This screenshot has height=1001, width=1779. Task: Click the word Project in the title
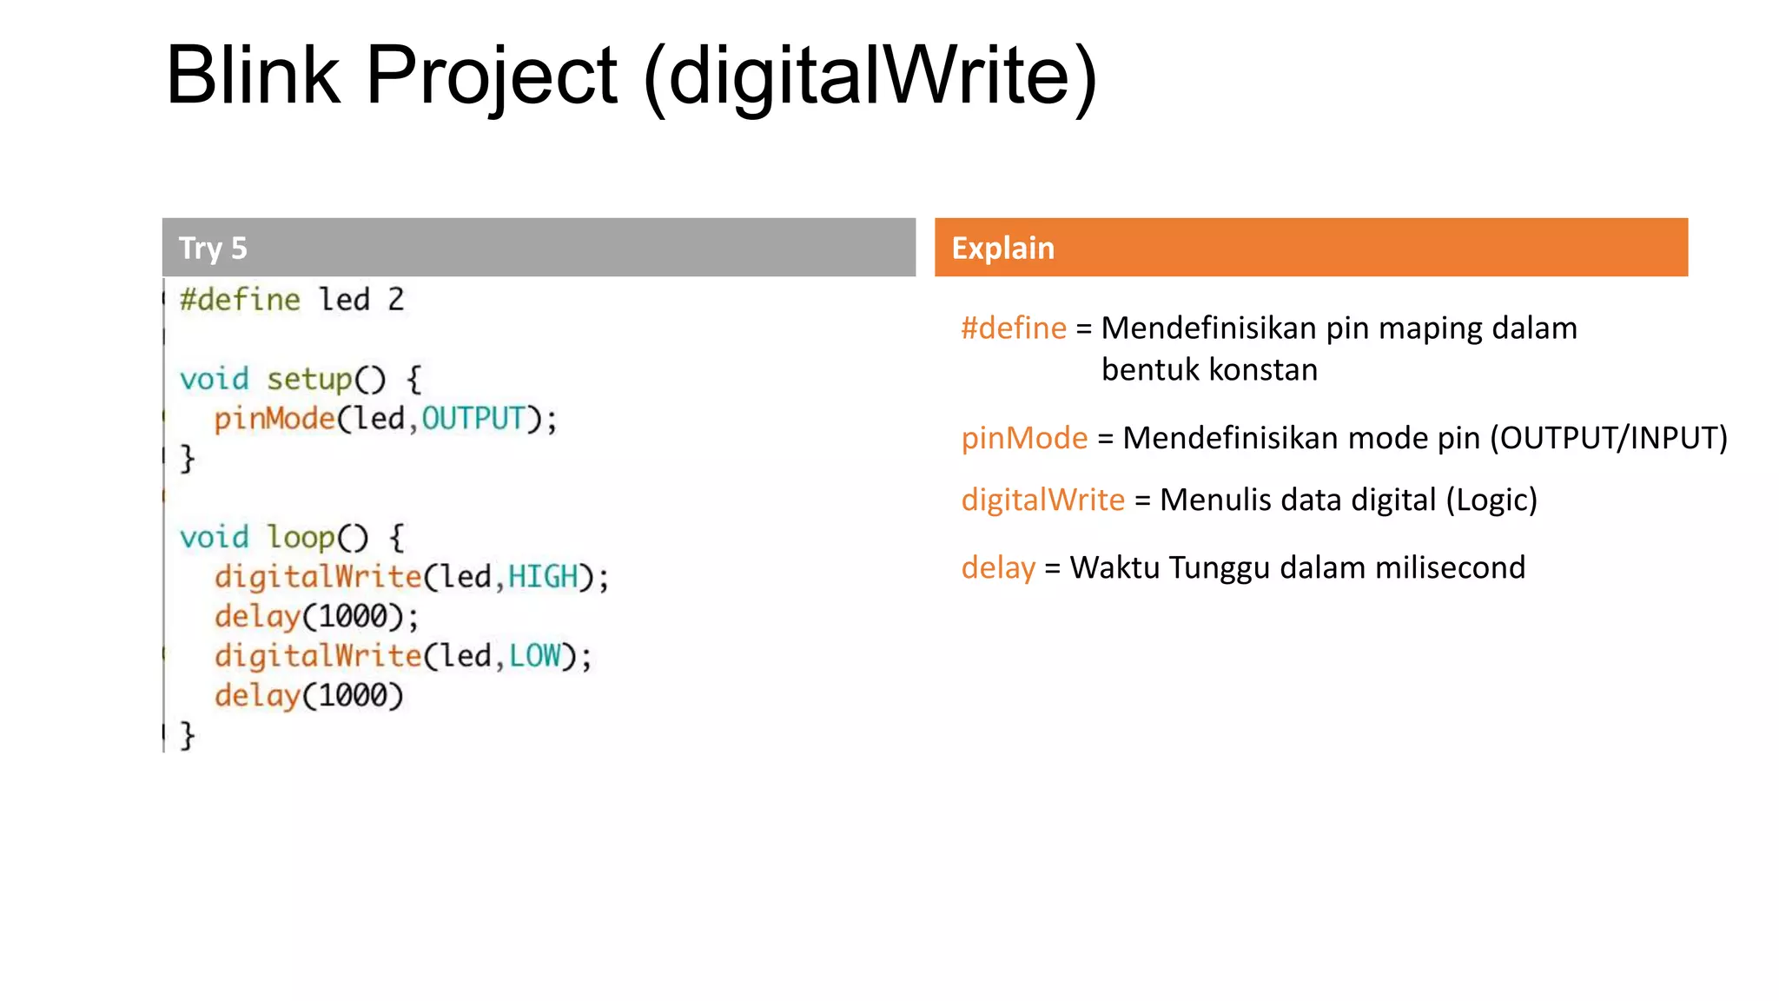[x=492, y=76]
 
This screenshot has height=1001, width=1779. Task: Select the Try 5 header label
[x=213, y=249]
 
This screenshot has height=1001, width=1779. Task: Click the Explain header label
[x=1002, y=249]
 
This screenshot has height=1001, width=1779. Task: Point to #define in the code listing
[x=240, y=300]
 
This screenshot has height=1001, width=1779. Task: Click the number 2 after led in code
[x=396, y=300]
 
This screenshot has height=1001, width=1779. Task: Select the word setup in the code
[x=309, y=380]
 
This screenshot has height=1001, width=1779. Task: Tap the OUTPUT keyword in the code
[x=473, y=419]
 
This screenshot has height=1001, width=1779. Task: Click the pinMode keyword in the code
[x=274, y=419]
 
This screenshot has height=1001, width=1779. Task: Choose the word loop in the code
[x=301, y=538]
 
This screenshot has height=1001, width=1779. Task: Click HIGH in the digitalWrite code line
[x=543, y=577]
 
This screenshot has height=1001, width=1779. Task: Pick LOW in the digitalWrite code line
[x=534, y=656]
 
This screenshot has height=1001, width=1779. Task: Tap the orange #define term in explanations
[x=1013, y=328]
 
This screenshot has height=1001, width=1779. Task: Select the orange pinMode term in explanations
[x=1024, y=438]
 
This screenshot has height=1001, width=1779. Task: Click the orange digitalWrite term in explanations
[x=1042, y=500]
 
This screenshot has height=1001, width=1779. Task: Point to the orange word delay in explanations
[x=998, y=567]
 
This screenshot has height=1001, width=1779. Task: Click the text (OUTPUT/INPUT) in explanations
[x=1609, y=438]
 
